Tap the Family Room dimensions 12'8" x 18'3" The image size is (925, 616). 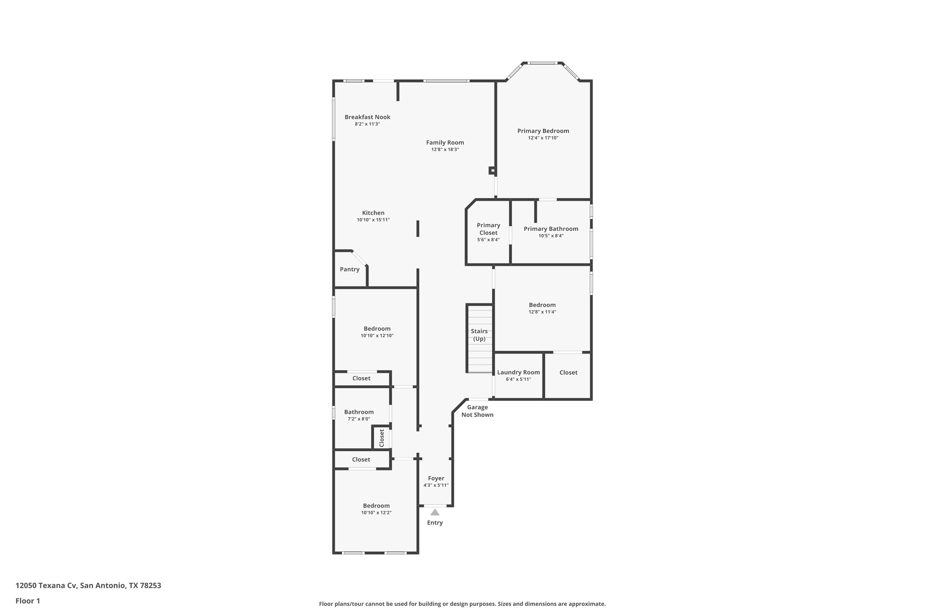445,150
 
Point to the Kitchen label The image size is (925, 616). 373,213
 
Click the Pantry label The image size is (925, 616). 350,269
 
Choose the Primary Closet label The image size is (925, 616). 488,229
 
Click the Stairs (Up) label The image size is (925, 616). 479,335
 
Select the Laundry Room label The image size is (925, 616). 518,372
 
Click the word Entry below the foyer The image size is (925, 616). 435,523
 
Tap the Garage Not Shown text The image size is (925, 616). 477,411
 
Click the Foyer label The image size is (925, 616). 436,479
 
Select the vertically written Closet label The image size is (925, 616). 381,438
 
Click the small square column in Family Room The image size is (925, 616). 492,171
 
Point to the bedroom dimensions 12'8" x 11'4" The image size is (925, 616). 542,312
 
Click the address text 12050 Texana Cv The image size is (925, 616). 46,586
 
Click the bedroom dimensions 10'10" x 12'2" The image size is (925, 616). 376,513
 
